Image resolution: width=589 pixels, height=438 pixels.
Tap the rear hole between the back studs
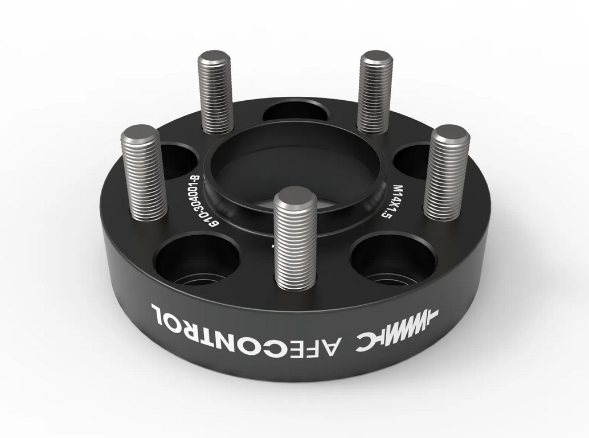[x=295, y=110]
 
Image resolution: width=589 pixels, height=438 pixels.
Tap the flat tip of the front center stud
[x=295, y=197]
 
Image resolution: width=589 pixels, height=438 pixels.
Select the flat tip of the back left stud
[x=214, y=58]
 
